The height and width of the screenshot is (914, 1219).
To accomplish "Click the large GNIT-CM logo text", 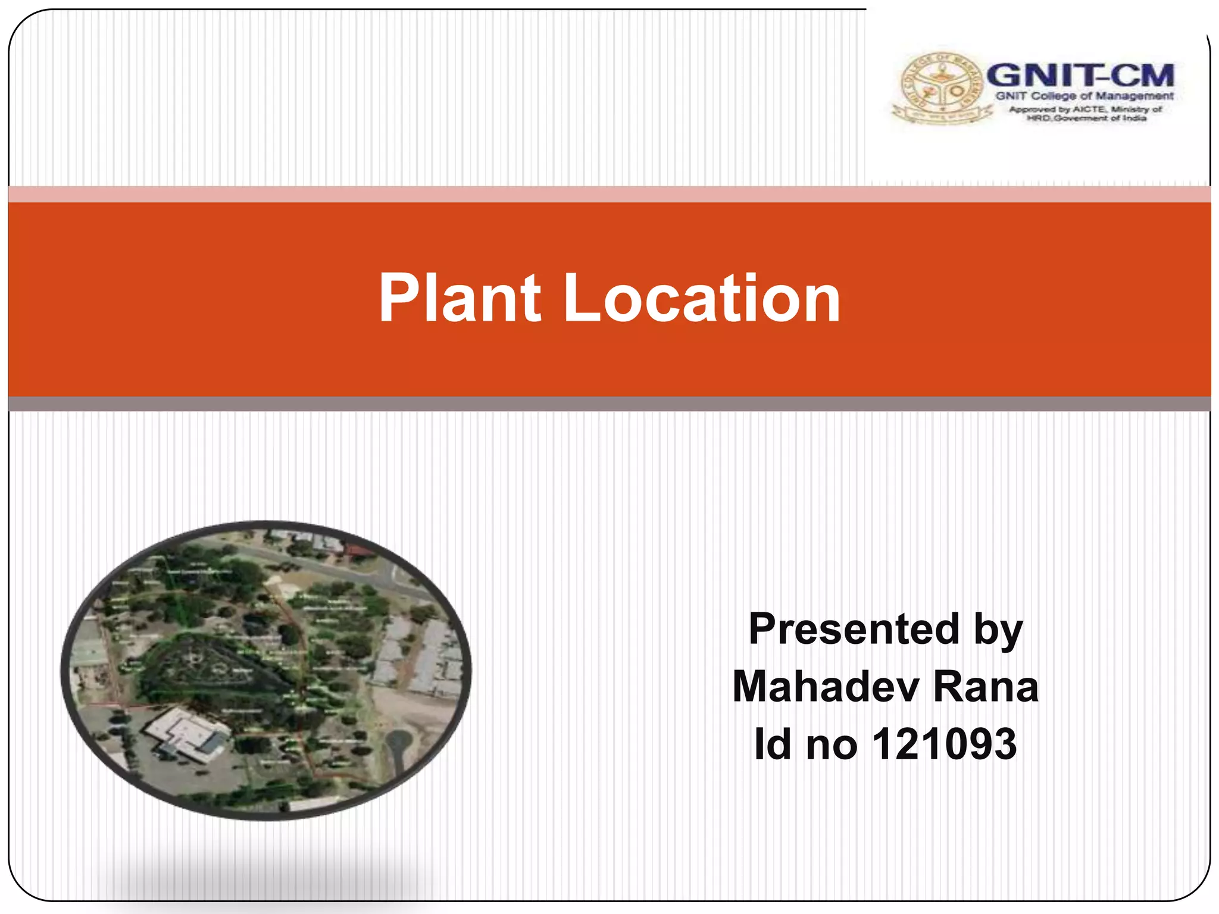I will tap(1080, 76).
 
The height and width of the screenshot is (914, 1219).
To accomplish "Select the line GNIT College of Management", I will tap(1084, 96).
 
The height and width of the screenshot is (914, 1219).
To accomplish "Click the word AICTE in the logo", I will tap(1089, 109).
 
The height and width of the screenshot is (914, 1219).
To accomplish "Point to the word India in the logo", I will tap(1134, 118).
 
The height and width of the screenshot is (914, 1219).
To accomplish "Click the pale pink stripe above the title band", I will tap(609, 194).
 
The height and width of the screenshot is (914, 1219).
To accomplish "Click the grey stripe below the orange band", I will tap(609, 404).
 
